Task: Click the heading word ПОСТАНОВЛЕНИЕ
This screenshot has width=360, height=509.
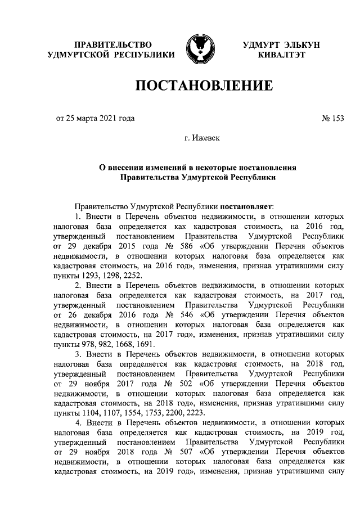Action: (203, 86)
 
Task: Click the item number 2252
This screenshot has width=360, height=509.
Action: (132, 276)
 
